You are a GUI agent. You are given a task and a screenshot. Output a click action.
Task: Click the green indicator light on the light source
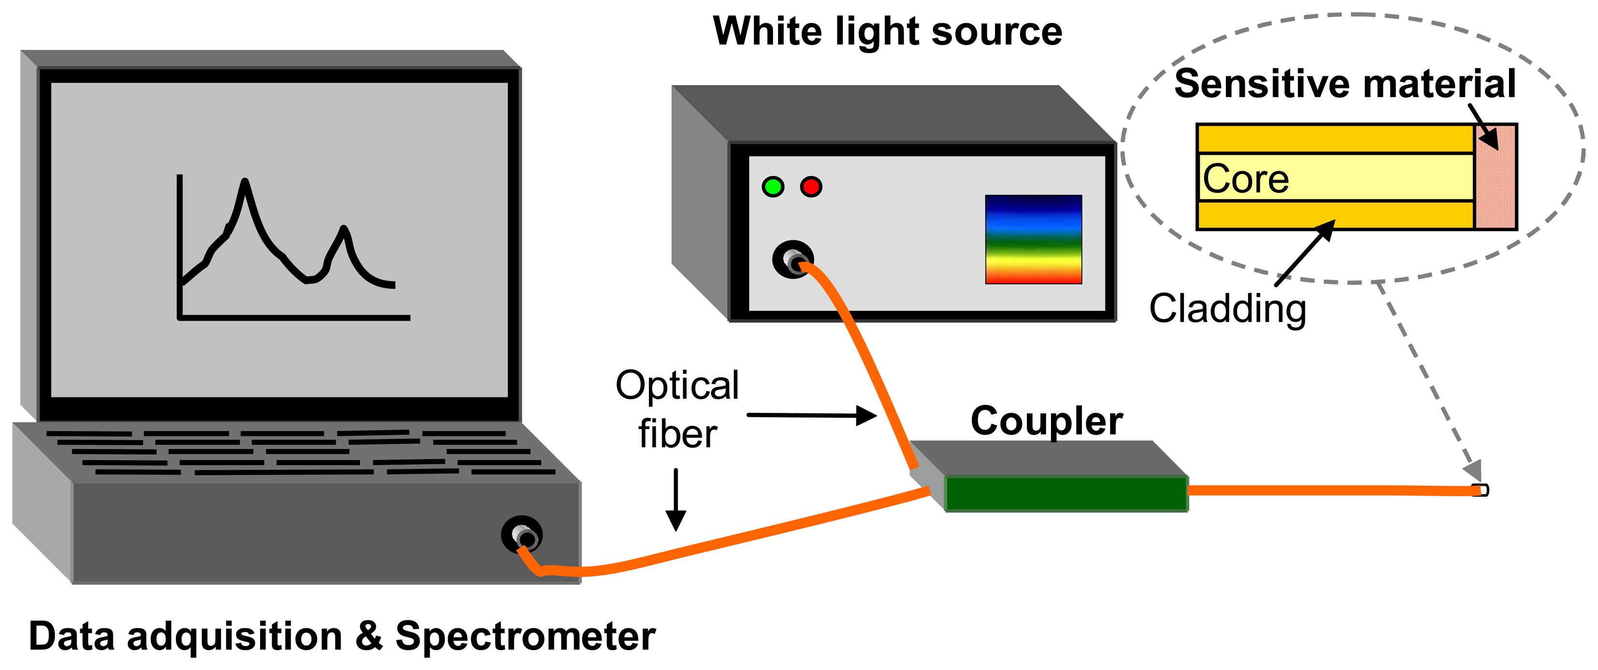tap(773, 186)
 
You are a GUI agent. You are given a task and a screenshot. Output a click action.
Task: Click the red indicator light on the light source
tap(811, 186)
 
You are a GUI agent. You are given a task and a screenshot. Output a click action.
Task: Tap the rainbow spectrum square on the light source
tap(1034, 239)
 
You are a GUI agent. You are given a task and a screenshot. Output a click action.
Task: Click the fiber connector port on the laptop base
tap(522, 534)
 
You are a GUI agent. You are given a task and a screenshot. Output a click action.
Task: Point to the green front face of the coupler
tap(1066, 494)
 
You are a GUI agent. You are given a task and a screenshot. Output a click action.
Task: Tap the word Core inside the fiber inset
tap(1246, 179)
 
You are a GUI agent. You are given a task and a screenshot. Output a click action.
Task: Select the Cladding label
tap(1227, 308)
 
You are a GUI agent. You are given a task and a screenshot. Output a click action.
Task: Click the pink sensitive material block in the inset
tap(1496, 186)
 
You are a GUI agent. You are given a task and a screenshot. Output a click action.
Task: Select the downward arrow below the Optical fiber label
tap(676, 499)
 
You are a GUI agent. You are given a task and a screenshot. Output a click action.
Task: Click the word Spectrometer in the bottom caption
tap(525, 637)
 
